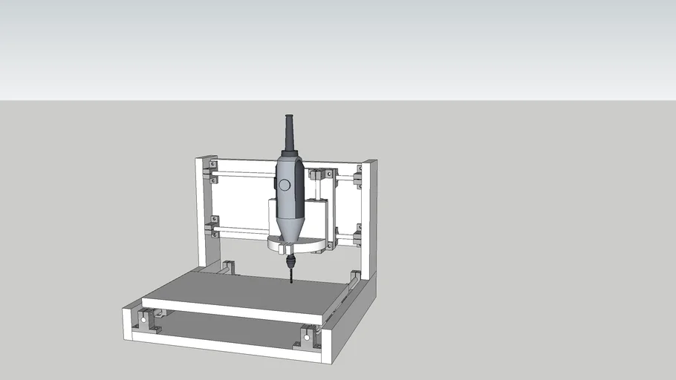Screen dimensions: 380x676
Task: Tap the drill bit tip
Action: click(290, 281)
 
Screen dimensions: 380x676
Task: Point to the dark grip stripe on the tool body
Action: click(299, 186)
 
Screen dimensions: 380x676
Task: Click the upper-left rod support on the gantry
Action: click(213, 171)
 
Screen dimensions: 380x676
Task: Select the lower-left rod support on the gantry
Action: click(214, 227)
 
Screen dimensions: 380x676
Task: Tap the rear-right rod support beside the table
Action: click(354, 278)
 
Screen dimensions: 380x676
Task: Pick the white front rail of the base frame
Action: click(223, 345)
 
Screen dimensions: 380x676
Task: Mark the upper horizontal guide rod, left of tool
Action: click(245, 176)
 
